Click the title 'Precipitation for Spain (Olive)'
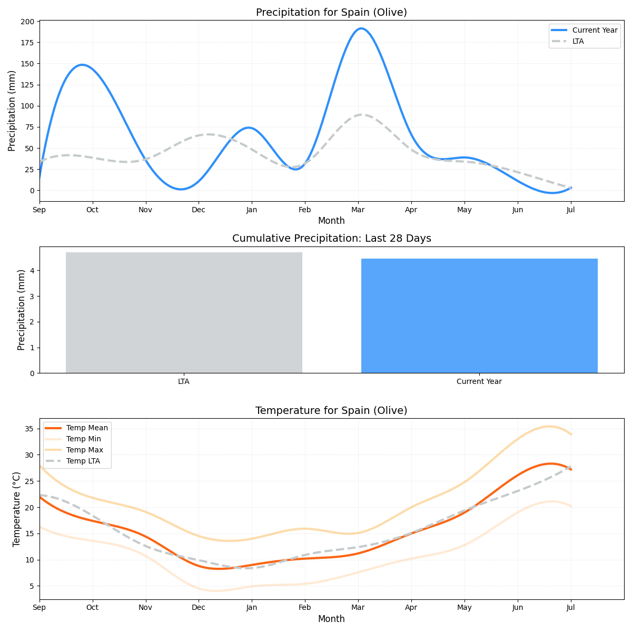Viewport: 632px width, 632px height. [x=331, y=13]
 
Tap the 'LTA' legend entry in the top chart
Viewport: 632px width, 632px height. [x=578, y=41]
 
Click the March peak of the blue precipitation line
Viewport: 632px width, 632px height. [x=361, y=28]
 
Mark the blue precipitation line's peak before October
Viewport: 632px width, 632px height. [x=82, y=65]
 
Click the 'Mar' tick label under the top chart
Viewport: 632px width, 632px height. [x=358, y=210]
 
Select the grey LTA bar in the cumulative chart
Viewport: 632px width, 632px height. [x=184, y=312]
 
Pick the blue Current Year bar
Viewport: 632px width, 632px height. [x=479, y=315]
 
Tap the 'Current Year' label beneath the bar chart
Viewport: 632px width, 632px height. [x=479, y=382]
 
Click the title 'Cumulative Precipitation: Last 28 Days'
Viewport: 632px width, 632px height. [x=331, y=239]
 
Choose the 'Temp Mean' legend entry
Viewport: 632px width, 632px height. [x=87, y=428]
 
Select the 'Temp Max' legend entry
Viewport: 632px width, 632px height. [x=84, y=450]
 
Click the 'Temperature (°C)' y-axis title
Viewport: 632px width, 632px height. [x=16, y=509]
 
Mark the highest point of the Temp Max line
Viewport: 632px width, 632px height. [x=549, y=427]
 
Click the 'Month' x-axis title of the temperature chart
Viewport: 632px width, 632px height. [x=331, y=619]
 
